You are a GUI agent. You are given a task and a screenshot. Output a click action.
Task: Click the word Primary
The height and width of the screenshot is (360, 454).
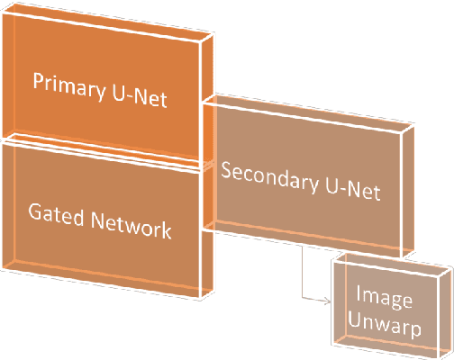[65, 81]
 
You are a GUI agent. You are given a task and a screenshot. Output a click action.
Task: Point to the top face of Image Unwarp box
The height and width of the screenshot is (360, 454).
[391, 261]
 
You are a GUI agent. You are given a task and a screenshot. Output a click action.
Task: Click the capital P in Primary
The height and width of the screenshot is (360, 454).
[39, 82]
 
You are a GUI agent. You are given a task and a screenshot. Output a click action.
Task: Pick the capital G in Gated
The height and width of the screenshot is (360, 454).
[35, 216]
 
